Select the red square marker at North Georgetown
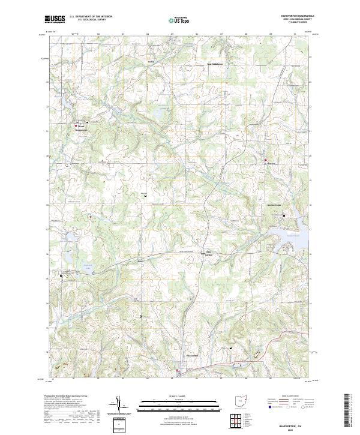click(76, 125)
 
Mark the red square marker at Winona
click(265, 160)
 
